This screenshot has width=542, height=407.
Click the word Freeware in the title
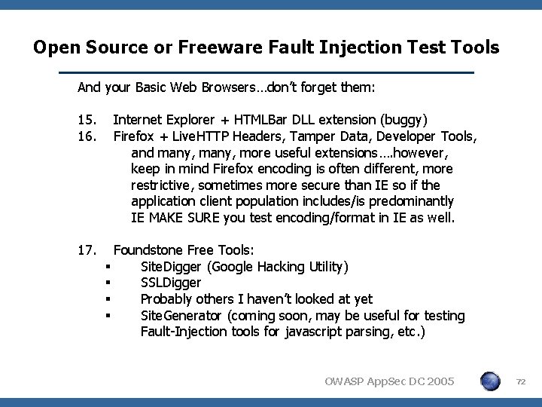click(211, 48)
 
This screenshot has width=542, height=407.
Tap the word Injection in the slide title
click(346, 48)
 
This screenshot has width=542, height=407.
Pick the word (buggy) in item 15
click(405, 119)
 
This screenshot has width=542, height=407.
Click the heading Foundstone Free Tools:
click(184, 249)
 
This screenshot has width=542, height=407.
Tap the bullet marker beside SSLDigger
click(109, 283)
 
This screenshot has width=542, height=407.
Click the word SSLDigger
click(171, 283)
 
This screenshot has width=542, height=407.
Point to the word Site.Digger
click(172, 266)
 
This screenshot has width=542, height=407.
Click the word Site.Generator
click(182, 316)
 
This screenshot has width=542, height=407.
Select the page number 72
click(520, 382)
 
